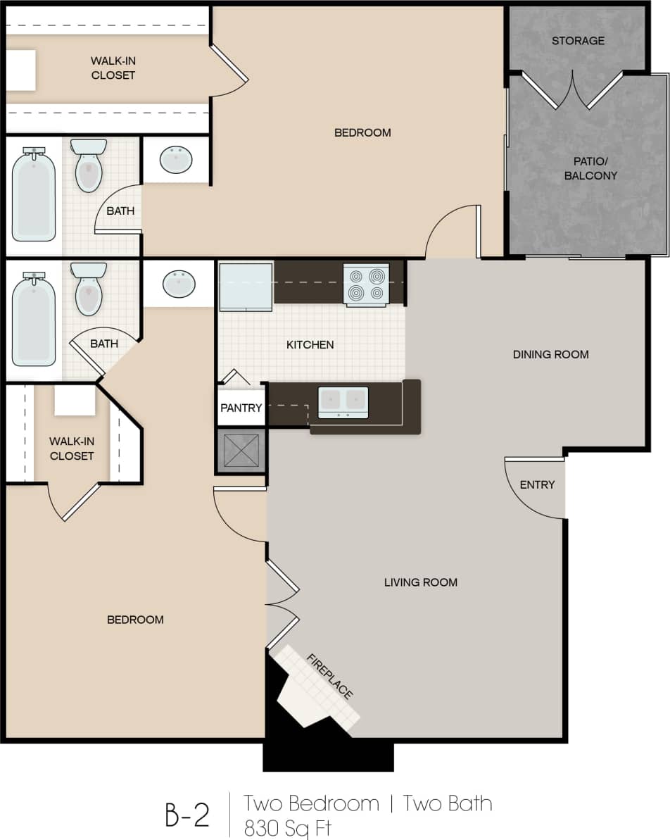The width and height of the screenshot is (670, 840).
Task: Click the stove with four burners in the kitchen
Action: coord(366,284)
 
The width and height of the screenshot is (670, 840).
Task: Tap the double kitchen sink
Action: coord(343,402)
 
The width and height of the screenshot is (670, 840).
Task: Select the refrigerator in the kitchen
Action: coord(246,287)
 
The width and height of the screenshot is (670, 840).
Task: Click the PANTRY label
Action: coord(241,408)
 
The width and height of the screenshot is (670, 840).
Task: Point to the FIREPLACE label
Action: coord(329,677)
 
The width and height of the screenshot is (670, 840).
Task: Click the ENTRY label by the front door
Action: coord(537,484)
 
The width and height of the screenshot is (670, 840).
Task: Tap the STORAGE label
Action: coord(578,41)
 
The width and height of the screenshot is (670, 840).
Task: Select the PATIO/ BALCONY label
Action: coord(590,168)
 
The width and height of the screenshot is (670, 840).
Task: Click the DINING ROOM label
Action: coord(550,354)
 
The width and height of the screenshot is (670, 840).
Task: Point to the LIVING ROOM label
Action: coord(421,582)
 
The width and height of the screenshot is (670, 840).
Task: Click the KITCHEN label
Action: coord(310,345)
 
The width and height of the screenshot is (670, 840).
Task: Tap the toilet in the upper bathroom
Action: coord(89,166)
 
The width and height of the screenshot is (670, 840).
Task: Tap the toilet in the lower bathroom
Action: coord(89,289)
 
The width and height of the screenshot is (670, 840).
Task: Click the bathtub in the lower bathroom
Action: coord(33,320)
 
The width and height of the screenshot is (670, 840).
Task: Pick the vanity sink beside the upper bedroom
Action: coord(176,160)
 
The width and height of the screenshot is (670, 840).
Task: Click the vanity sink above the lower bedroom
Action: coord(179,284)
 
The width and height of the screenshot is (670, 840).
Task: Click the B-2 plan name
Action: coord(187,814)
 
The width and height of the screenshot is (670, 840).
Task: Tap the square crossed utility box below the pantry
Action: coord(241,451)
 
